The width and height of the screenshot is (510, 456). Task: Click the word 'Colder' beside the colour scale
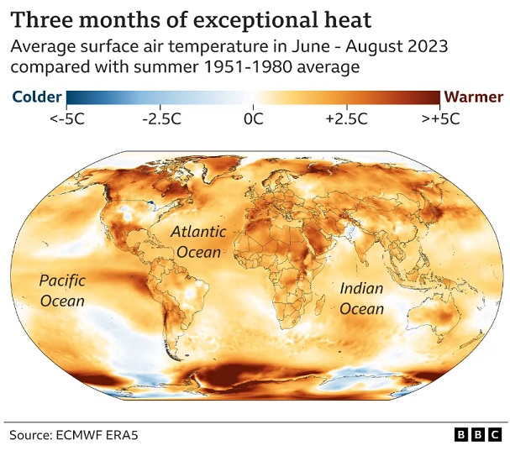pyautogui.click(x=36, y=97)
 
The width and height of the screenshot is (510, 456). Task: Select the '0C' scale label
pyautogui.click(x=253, y=119)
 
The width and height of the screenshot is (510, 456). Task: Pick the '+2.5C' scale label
pyautogui.click(x=346, y=119)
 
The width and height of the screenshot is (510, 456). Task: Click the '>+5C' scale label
pyautogui.click(x=439, y=119)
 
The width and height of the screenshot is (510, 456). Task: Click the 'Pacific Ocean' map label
pyautogui.click(x=62, y=291)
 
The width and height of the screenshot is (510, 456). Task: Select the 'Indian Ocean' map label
pyautogui.click(x=361, y=298)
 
